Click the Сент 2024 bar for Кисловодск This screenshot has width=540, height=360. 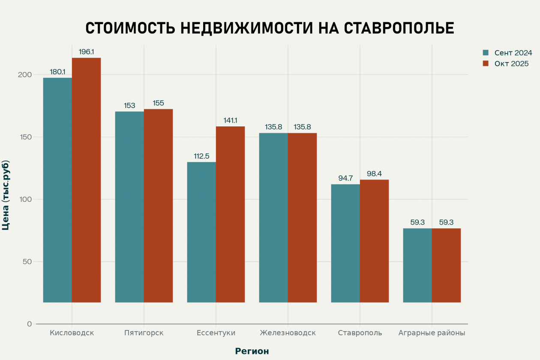pos(57,190)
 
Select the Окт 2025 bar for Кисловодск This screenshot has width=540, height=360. pos(86,180)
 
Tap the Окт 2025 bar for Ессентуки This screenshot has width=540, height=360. pos(230,214)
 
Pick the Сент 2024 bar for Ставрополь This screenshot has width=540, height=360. pos(345,243)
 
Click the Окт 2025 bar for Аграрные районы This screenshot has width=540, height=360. pos(446,265)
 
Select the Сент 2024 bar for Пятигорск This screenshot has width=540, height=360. pos(129,207)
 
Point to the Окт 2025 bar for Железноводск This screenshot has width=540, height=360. pos(302,218)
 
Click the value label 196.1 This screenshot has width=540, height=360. pos(86,52)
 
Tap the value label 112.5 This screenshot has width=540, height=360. pos(201,156)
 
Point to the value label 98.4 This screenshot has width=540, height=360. pos(374,174)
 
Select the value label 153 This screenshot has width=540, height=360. pos(129,105)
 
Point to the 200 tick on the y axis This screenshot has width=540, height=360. pos(25,75)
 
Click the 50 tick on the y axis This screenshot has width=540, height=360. pos(27,262)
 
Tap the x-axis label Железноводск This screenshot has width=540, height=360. pos(288,333)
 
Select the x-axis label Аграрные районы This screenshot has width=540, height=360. pos(432,333)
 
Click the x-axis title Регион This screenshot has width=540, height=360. pos(252,351)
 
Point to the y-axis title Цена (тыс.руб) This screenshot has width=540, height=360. pos(6,195)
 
